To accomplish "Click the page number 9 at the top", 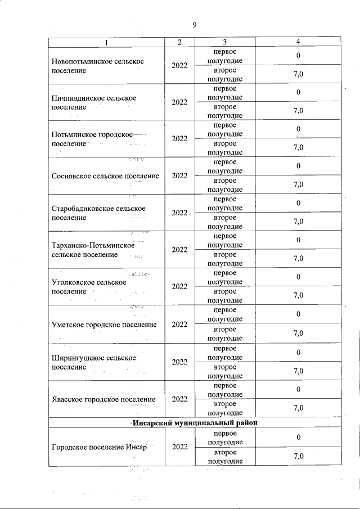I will (x=194, y=24).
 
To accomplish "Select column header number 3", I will (x=224, y=42).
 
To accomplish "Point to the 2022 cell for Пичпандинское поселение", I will (x=179, y=102).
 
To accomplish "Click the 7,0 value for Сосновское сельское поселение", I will (x=298, y=184).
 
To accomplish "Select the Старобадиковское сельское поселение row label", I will (x=98, y=213).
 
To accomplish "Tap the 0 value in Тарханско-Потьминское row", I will (x=299, y=240).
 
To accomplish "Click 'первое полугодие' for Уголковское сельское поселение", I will (x=224, y=277).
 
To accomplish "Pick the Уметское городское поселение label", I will (x=103, y=325).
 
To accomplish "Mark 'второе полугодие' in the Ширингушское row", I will (x=224, y=371).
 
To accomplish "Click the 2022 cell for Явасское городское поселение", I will (x=179, y=399).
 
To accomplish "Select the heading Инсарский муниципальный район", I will (x=196, y=422).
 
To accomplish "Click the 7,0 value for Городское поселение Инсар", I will (x=298, y=456).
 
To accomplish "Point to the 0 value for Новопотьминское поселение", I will (x=299, y=56).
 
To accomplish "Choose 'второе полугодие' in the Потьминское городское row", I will (x=224, y=148).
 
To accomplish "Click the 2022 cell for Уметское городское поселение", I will (x=179, y=325).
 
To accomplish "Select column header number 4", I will (x=298, y=42).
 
